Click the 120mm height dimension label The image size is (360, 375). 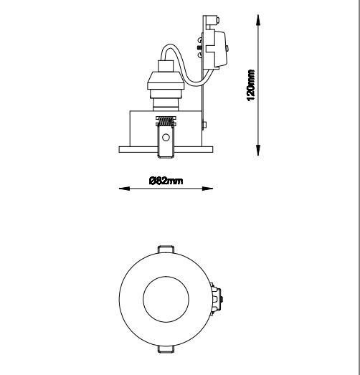[251, 85]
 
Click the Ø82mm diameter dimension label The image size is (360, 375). [166, 181]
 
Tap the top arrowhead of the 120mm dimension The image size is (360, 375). [258, 19]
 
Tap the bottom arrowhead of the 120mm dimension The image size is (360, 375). [258, 150]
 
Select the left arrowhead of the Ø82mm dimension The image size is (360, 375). [124, 189]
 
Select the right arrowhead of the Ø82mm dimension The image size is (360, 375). [207, 189]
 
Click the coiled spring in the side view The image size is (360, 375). [166, 121]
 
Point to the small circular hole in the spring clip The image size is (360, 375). [166, 138]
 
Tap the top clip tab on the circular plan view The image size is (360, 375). [166, 250]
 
